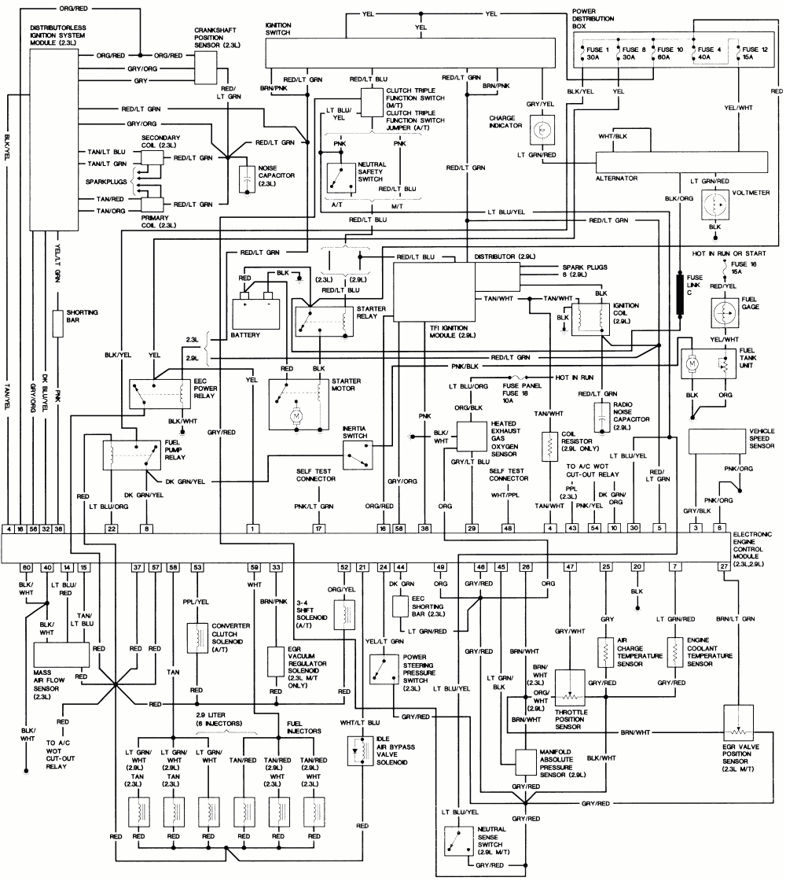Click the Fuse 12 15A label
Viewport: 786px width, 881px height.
756,53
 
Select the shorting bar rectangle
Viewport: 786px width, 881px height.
57,323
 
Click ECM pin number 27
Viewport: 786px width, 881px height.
723,566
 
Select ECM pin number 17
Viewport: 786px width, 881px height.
318,528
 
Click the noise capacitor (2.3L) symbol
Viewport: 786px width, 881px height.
248,180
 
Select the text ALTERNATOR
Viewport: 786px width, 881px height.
615,179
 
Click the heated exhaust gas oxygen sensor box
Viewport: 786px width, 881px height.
472,436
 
